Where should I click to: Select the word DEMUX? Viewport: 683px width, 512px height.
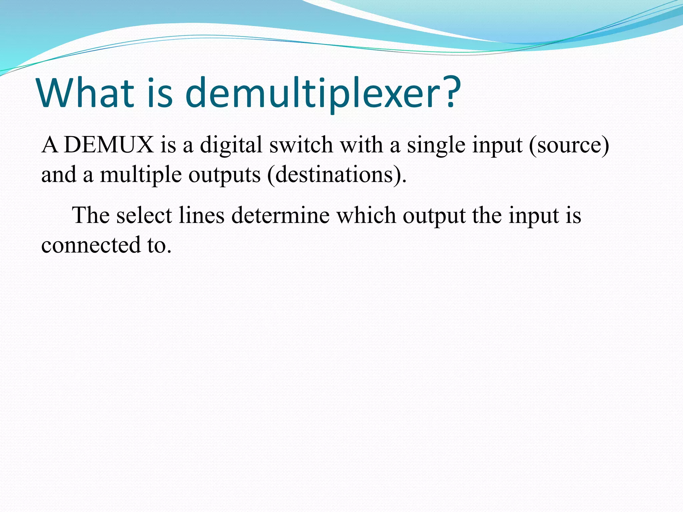109,145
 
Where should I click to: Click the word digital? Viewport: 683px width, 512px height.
231,145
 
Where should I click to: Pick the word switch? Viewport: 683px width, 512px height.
301,145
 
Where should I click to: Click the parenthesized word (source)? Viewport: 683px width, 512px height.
569,145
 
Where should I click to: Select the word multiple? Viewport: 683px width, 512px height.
141,175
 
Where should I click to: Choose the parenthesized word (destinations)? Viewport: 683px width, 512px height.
337,175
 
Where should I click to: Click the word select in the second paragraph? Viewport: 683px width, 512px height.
144,215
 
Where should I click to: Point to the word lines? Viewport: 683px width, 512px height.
201,215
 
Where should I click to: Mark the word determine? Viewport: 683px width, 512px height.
280,215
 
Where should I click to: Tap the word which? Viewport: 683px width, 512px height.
366,215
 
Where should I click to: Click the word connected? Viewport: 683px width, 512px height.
91,245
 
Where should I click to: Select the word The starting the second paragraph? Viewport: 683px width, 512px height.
91,215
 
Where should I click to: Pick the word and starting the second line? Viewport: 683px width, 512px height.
59,175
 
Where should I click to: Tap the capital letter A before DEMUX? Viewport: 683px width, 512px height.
50,145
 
